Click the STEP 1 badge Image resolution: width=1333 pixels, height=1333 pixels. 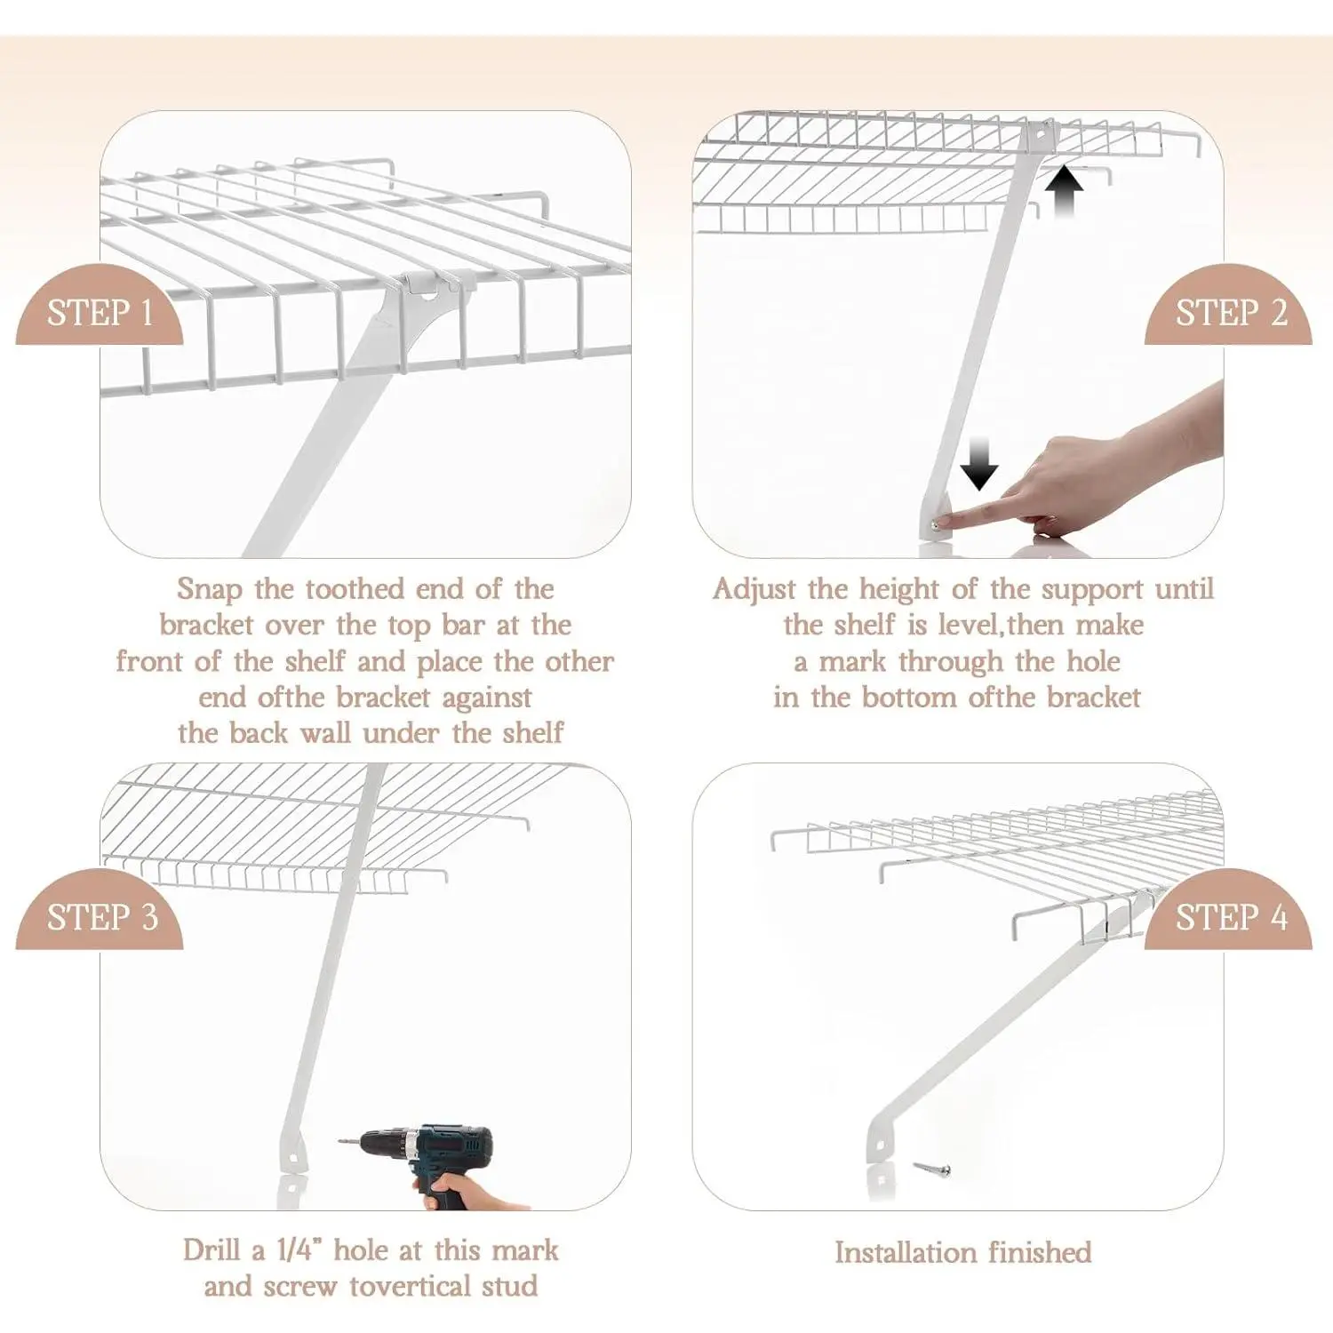tap(100, 306)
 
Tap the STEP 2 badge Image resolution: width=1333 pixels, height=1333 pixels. tap(1229, 306)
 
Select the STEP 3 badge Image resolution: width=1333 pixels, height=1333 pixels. tap(100, 910)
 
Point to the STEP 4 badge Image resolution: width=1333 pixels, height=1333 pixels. tap(1229, 910)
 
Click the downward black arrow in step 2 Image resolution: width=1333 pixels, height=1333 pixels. tap(979, 464)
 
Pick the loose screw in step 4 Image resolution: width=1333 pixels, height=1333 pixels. tap(932, 1169)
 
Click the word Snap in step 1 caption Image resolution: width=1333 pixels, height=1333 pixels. tap(209, 589)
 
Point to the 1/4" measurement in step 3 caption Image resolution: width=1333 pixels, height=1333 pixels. tap(299, 1249)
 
